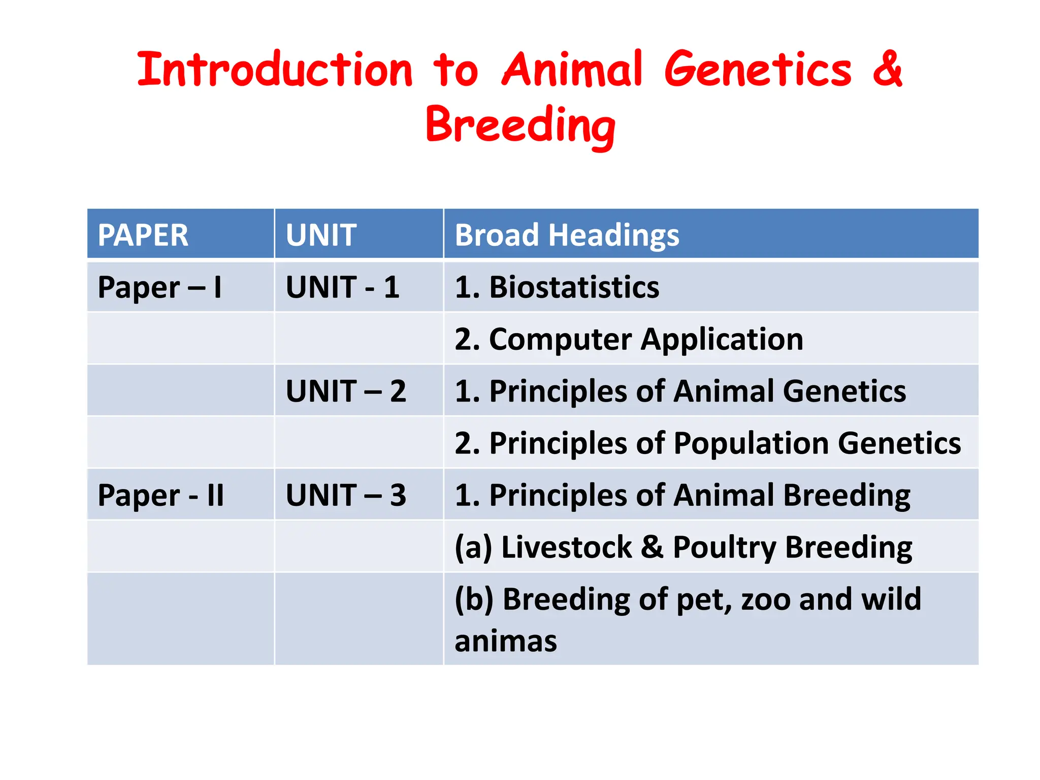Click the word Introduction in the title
pos(275,70)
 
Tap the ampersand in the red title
pos(887,70)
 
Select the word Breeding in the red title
pos(521,125)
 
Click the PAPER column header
pos(143,235)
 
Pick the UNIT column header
pos(321,235)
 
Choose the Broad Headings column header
pos(567,235)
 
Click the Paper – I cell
pos(160,287)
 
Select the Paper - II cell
pos(161,495)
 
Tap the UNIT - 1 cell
pos(343,287)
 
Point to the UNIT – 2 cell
pos(346,392)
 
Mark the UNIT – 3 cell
pos(346,495)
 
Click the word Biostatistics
pos(574,287)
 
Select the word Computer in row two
pos(560,339)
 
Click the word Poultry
pos(724,547)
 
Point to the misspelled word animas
pos(506,641)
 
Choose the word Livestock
pos(566,547)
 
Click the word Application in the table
pos(722,339)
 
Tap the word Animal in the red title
pos(572,70)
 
